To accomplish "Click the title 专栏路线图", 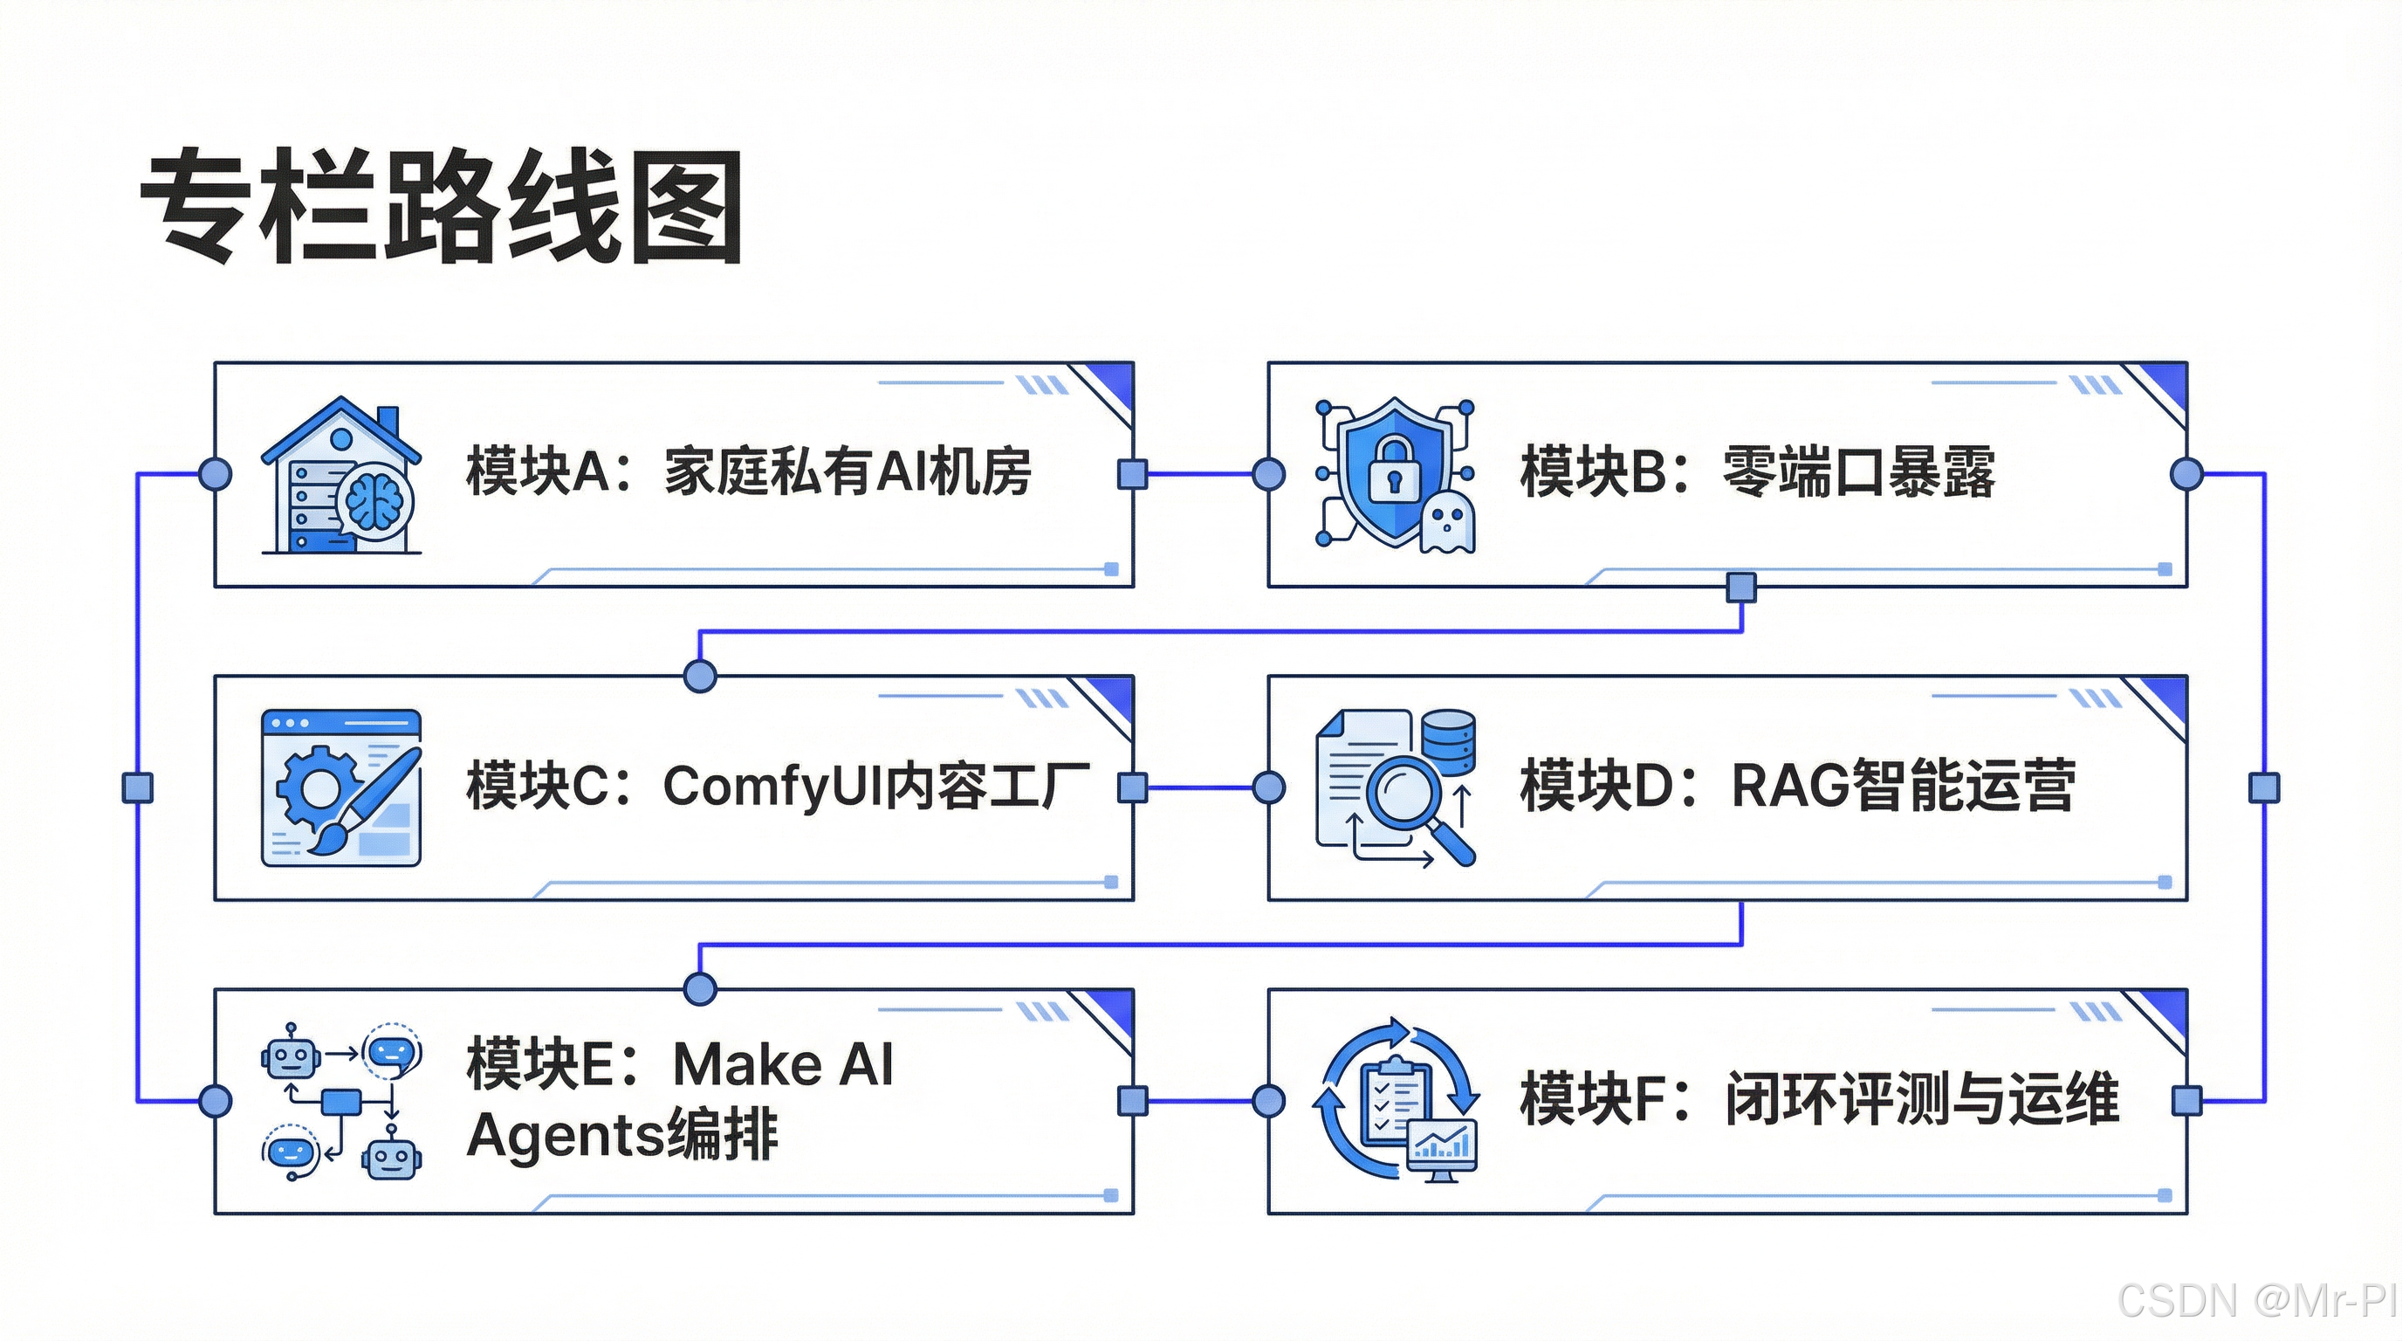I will coord(441,206).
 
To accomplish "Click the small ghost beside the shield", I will coord(1446,523).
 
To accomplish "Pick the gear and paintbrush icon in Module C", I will coord(341,788).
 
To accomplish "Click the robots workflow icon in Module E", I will coord(341,1101).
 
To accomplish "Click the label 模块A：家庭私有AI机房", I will coord(748,471).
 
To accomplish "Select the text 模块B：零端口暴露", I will coord(1757,471).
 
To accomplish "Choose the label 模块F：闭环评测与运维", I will coord(1818,1098).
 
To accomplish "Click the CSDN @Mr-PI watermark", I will coord(2257,1300).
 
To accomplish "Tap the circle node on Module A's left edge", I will coord(216,474).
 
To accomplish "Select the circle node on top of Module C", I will coord(700,675).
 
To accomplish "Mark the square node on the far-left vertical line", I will coord(138,787).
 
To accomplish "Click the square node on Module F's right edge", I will coord(2186,1100).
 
